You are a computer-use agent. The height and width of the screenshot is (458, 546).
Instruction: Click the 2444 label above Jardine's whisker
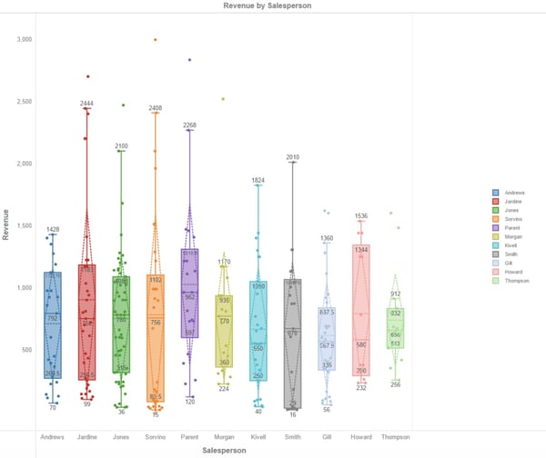(x=86, y=104)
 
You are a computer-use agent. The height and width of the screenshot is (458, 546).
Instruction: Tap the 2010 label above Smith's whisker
(x=292, y=158)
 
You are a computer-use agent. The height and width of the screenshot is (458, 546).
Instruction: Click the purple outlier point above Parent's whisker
(x=189, y=60)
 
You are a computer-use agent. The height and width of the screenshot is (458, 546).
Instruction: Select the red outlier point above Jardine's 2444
(x=87, y=77)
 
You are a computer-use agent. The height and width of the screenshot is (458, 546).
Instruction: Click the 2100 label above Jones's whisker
(x=121, y=145)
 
